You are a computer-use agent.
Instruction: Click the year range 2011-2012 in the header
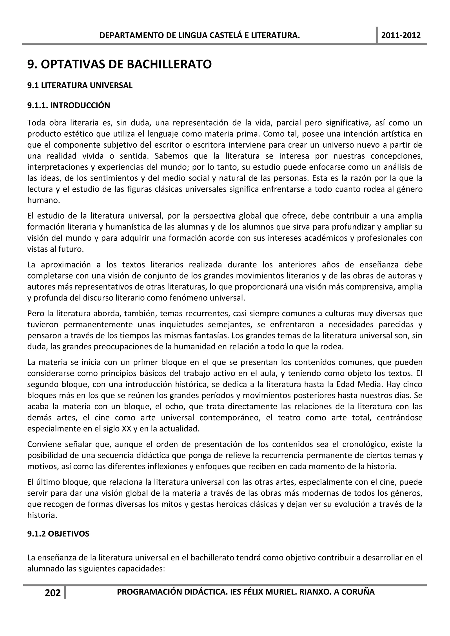pos(401,35)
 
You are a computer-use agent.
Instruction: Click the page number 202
pos(53,593)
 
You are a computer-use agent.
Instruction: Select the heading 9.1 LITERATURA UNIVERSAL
pos(80,85)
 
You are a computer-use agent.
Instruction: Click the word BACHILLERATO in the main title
pos(169,64)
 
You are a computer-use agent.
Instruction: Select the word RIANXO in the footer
pos(314,592)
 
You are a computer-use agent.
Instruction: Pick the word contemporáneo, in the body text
pos(230,418)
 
